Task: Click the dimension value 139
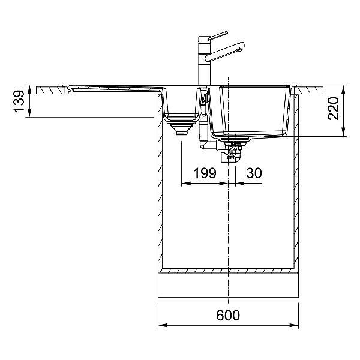pyautogui.click(x=19, y=101)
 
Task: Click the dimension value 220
pyautogui.click(x=334, y=109)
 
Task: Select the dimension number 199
pyautogui.click(x=205, y=173)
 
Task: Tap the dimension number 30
pyautogui.click(x=254, y=173)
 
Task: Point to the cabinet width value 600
pyautogui.click(x=228, y=315)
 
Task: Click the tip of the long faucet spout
pyautogui.click(x=242, y=46)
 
